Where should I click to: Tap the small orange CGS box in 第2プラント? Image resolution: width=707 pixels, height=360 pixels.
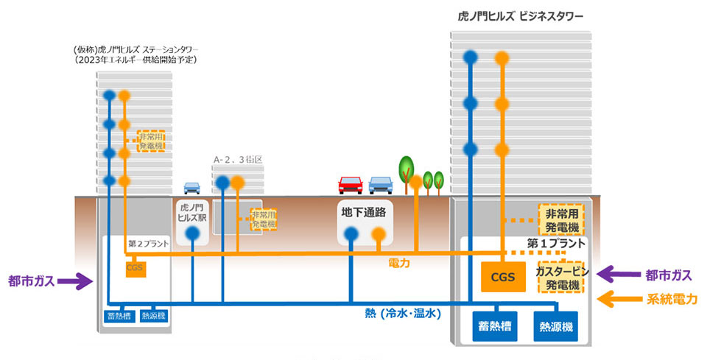[x=135, y=268]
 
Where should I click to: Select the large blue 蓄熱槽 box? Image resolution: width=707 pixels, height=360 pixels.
[x=492, y=325]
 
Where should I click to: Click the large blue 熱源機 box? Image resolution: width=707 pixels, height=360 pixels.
[x=557, y=325]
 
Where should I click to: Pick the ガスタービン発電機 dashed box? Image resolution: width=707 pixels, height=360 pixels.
[x=561, y=277]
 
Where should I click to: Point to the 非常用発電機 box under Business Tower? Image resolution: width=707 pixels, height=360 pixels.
[x=561, y=219]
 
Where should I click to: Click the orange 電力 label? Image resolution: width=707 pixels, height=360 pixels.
[x=398, y=262]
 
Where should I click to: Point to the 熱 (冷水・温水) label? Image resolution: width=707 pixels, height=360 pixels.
[x=402, y=313]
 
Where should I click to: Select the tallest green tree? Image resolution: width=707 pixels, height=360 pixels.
[x=406, y=168]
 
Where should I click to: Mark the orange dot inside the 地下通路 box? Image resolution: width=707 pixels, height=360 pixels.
[x=378, y=235]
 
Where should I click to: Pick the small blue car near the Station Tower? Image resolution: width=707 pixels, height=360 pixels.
[x=191, y=188]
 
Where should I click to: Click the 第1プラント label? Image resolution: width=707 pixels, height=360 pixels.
[x=556, y=242]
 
